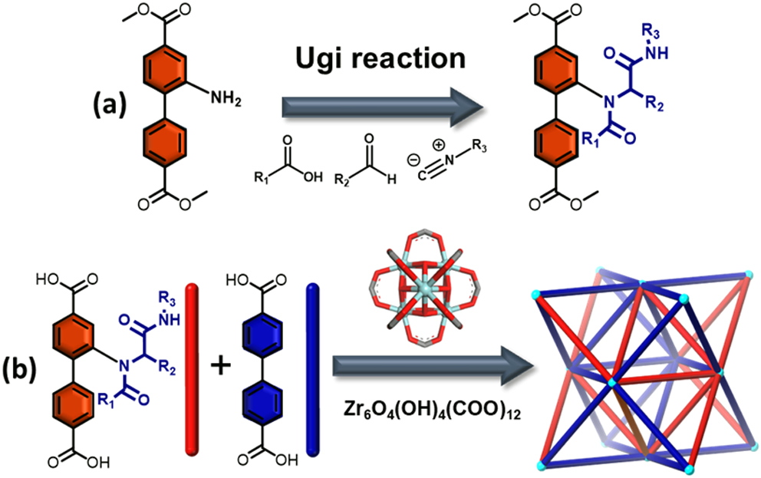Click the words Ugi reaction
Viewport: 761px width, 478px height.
(380, 59)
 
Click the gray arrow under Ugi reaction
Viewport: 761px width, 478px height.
(383, 107)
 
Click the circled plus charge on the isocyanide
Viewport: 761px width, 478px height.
(438, 145)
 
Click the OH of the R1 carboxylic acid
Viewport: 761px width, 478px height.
(312, 176)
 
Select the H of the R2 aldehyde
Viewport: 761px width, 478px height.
(392, 180)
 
